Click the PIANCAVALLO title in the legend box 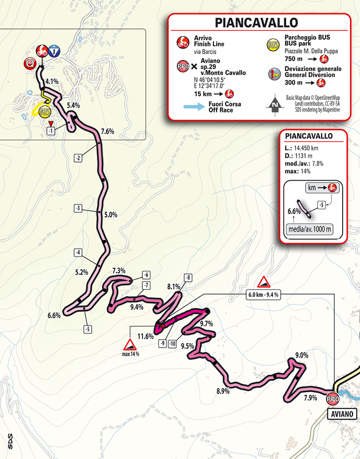pyautogui.click(x=256, y=23)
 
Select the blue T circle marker pyautogui.click(x=54, y=52)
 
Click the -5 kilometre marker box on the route pyautogui.click(x=86, y=329)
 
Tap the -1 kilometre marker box pyautogui.click(x=50, y=131)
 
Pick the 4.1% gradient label pyautogui.click(x=52, y=81)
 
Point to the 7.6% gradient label pyautogui.click(x=107, y=131)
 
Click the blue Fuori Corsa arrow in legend pyautogui.click(x=190, y=107)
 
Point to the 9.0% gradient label pyautogui.click(x=302, y=355)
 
